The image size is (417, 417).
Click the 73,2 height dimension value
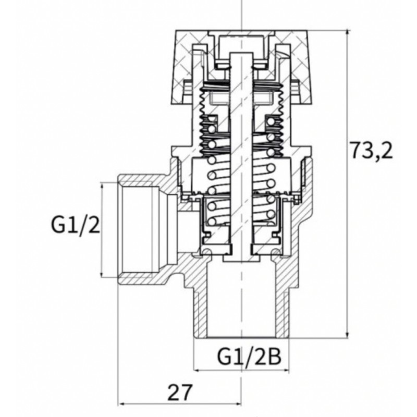[x=372, y=151]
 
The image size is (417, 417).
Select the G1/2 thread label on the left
[x=76, y=224]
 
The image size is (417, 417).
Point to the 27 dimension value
[x=179, y=393]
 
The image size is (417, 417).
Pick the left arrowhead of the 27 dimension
[x=121, y=404]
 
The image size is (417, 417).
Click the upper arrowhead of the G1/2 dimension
[x=102, y=186]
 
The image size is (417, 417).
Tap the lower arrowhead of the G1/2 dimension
[x=102, y=274]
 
